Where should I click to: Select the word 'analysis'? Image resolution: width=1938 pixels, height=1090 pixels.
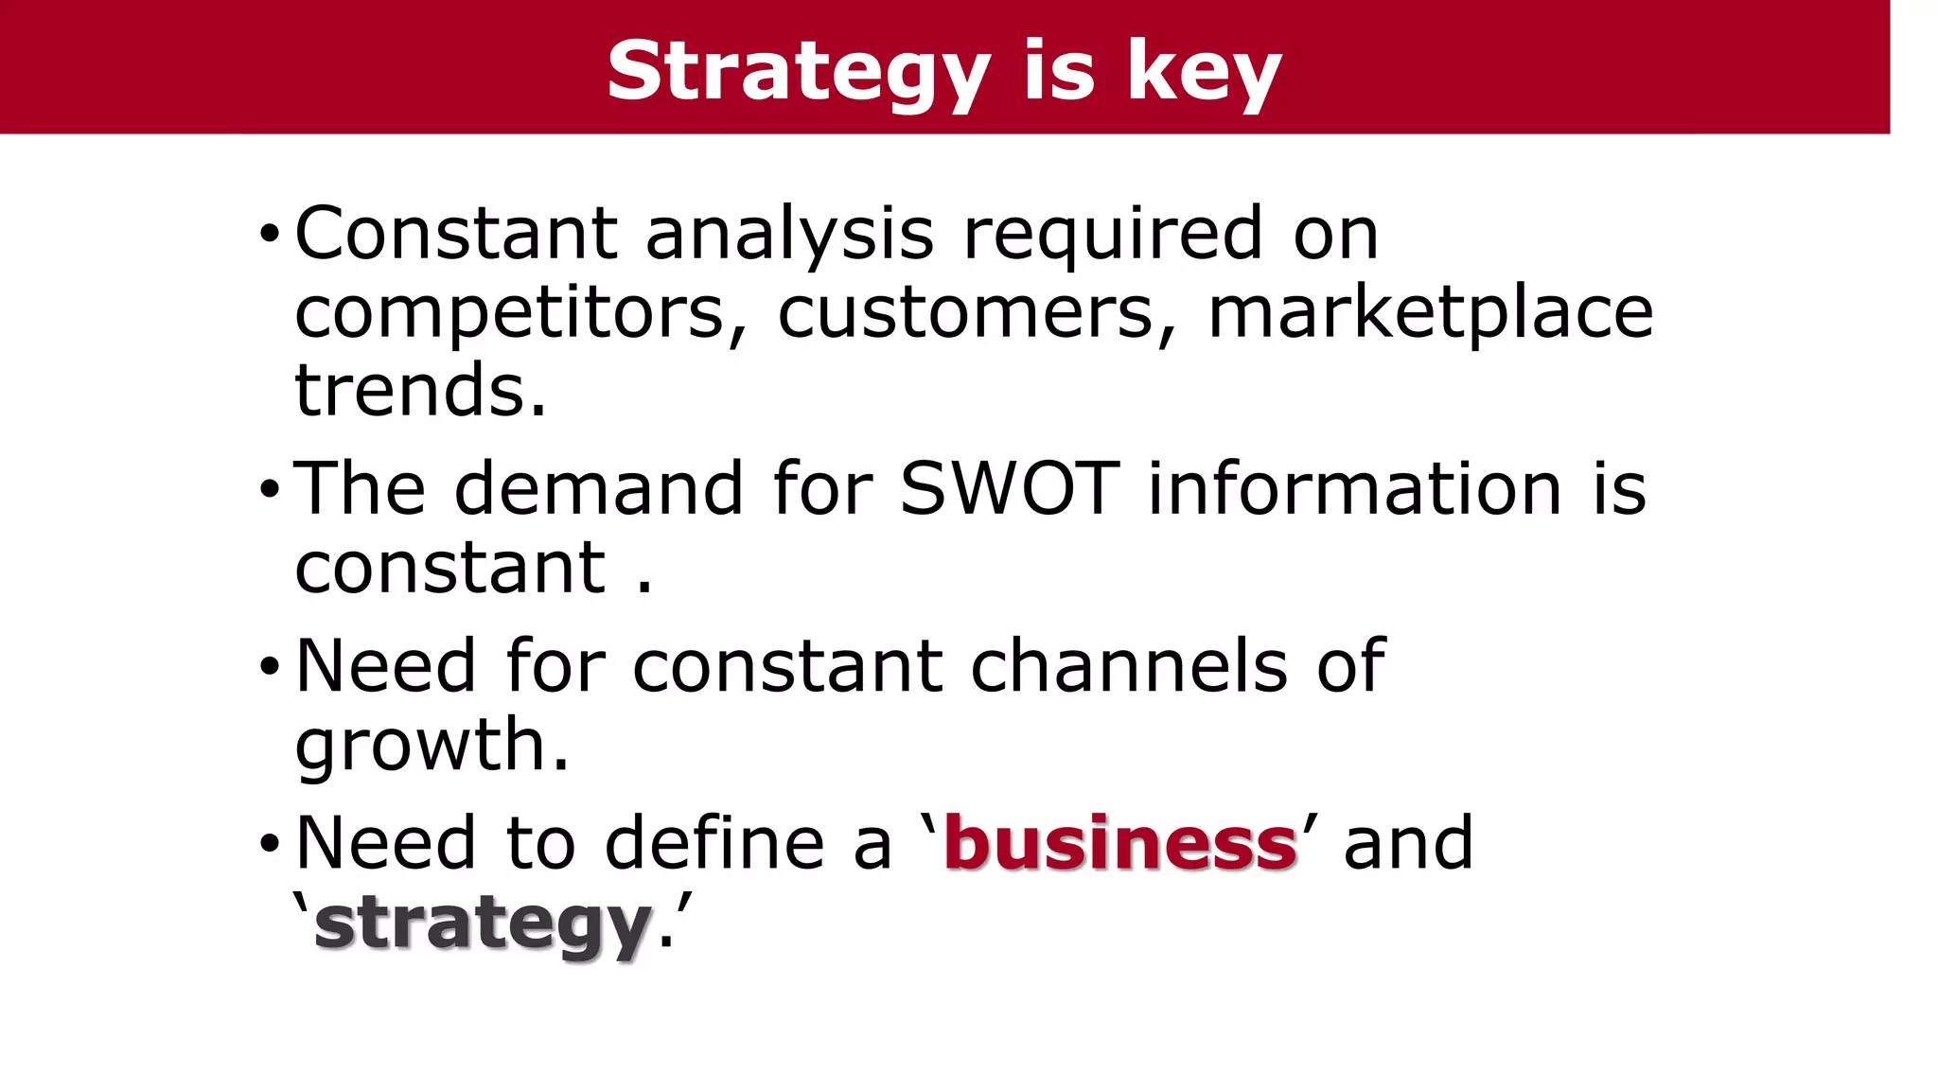(789, 234)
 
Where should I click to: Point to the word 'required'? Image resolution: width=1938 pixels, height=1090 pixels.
(1113, 234)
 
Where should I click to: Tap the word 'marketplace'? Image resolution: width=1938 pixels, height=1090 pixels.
(1431, 313)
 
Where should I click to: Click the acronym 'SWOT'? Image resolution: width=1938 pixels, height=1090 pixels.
(1009, 489)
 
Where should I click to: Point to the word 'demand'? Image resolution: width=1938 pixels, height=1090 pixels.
(598, 489)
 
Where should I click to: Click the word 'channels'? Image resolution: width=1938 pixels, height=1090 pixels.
(1129, 666)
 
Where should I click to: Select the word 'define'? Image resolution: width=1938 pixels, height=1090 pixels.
(714, 843)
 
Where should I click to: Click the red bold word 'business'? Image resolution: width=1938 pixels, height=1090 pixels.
(1120, 843)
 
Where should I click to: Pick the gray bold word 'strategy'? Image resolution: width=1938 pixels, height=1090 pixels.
(483, 924)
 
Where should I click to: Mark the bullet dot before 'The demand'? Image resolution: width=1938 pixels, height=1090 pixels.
(270, 490)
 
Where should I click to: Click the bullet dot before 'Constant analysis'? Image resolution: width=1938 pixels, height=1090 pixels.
(270, 234)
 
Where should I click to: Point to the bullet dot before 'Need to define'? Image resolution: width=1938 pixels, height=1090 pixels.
(270, 844)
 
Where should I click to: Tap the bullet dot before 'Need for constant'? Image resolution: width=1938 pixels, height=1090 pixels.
(270, 667)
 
